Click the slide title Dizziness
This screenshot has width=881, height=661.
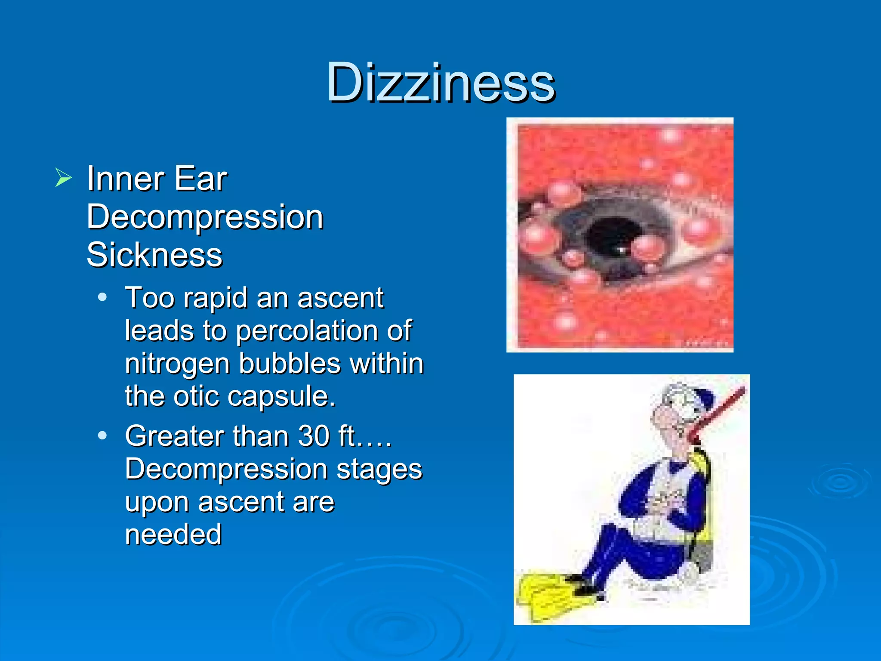(x=440, y=83)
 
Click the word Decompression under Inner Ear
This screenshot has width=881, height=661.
(x=205, y=217)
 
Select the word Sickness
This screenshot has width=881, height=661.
(x=154, y=255)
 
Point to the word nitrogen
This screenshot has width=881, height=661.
(x=178, y=364)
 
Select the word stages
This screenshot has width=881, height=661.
(x=379, y=469)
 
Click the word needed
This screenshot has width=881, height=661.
(x=173, y=534)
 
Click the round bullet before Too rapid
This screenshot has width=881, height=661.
(x=102, y=297)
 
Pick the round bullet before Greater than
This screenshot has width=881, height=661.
(x=102, y=436)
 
